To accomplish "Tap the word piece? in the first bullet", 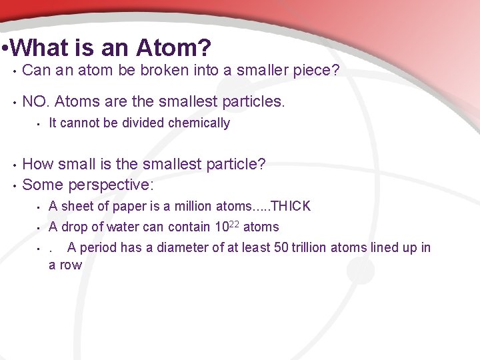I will (316, 71).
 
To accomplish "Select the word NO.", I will (36, 101).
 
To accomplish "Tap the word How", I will (38, 164).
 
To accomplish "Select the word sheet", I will (79, 206).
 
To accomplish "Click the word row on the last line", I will (71, 265).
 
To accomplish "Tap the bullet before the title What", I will (5, 49).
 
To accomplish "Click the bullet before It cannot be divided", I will (39, 123).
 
